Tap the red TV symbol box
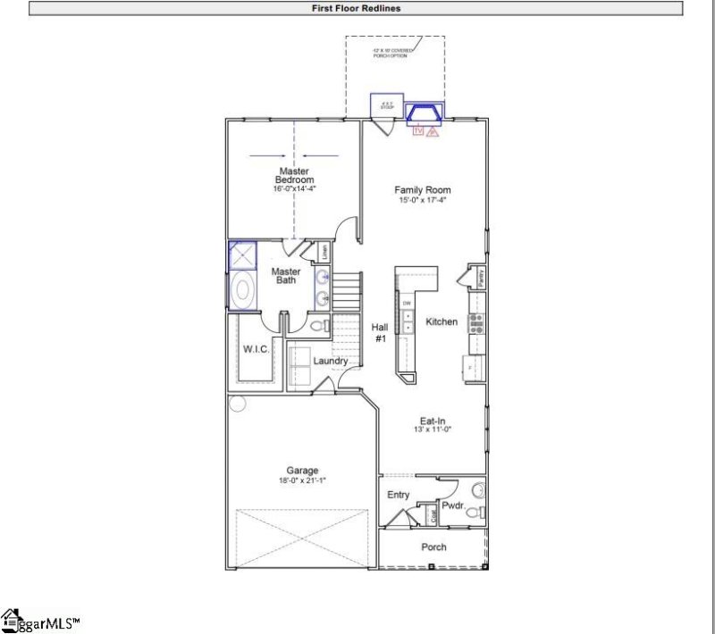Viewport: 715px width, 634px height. point(416,131)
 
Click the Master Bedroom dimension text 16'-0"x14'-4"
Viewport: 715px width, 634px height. point(295,189)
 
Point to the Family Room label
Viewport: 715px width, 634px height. point(423,189)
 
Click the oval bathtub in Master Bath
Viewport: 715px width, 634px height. point(241,291)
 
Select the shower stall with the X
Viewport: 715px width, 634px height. point(241,257)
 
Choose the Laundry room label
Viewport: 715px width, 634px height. point(330,361)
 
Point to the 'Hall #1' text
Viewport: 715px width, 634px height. point(380,333)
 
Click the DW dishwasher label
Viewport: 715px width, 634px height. point(407,304)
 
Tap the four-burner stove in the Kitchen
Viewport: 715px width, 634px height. point(476,322)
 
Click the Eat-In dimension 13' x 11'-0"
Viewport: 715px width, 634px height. point(433,430)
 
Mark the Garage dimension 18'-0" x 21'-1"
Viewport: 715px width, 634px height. point(301,480)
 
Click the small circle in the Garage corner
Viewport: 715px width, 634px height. point(237,404)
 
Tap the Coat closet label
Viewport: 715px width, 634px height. point(433,516)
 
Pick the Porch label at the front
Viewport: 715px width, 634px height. point(433,546)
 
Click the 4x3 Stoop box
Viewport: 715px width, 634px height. point(387,104)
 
